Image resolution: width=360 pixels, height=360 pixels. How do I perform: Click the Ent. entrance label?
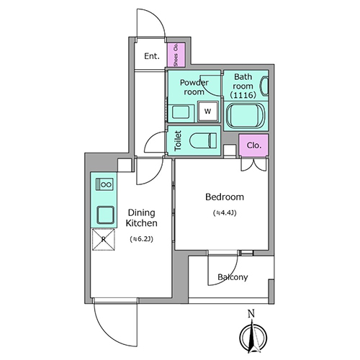(152, 56)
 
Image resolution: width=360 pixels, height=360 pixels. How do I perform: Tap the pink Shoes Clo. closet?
(176, 55)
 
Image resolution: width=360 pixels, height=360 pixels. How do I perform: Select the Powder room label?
(194, 87)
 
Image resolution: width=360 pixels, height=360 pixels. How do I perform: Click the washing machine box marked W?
(208, 111)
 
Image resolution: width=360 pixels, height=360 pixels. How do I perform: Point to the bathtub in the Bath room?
(246, 115)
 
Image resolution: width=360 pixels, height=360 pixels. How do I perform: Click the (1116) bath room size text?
(243, 95)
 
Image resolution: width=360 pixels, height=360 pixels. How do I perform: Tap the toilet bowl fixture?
(203, 140)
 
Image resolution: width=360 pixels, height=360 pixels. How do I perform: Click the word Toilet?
(178, 140)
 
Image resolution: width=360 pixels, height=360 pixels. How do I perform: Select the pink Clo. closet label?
(254, 145)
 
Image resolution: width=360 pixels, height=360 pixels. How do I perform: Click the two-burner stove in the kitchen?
(104, 184)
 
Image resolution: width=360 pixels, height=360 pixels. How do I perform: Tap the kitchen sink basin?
(105, 215)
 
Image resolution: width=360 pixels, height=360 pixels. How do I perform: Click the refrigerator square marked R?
(104, 240)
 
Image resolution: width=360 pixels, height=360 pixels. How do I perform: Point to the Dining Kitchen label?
(142, 218)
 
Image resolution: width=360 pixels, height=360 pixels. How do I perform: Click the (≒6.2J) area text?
(141, 239)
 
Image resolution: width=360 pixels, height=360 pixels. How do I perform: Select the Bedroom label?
(225, 197)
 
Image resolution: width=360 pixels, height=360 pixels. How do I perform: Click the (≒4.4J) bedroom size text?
(225, 213)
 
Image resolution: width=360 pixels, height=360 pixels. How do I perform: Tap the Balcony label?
(233, 277)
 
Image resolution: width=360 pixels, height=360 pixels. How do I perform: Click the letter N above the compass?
(251, 313)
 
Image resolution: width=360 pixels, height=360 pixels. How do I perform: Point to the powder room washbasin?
(181, 112)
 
